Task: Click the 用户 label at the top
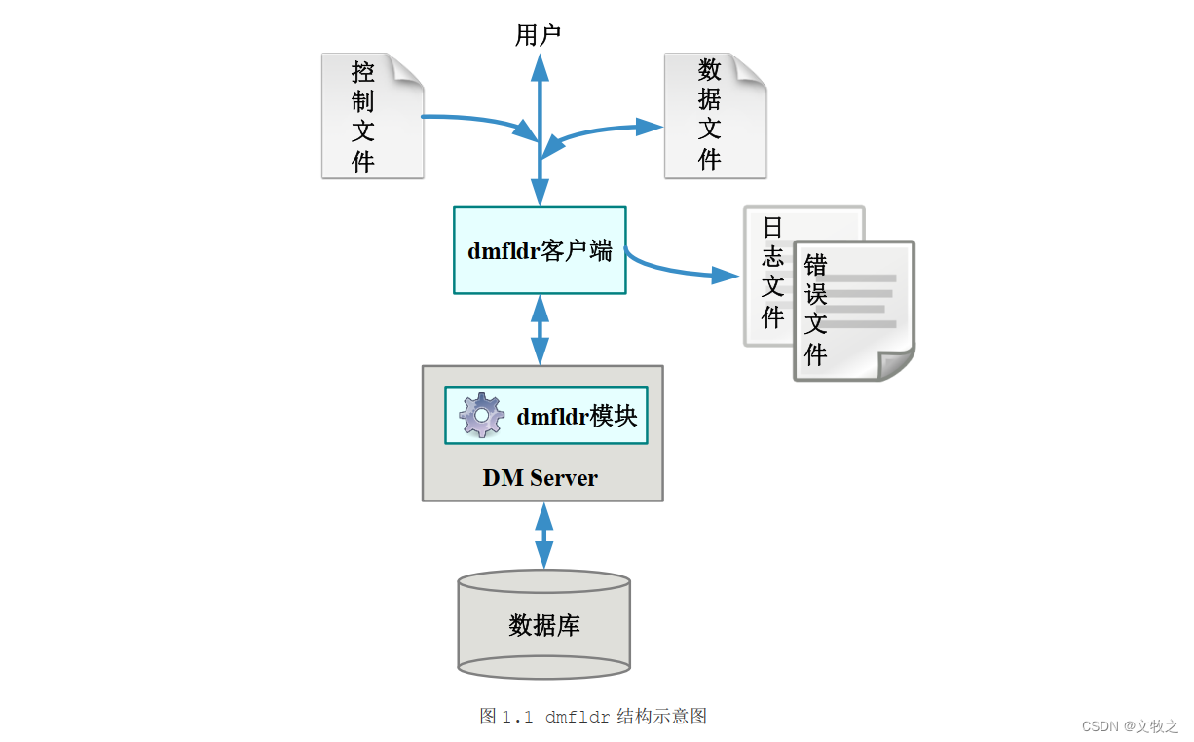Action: point(538,37)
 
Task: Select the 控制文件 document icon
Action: point(372,117)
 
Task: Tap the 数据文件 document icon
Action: point(715,117)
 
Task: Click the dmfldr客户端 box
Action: point(540,250)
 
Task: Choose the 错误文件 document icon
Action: point(853,312)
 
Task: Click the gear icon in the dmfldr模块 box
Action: point(481,416)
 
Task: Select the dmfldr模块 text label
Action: point(577,417)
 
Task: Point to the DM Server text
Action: point(540,478)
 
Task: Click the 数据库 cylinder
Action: point(543,625)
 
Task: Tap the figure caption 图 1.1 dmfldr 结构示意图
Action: point(593,717)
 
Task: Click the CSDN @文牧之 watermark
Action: point(1130,726)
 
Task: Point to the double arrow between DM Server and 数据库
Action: point(543,536)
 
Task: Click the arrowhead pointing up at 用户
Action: point(539,66)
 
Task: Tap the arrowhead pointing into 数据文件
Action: point(649,126)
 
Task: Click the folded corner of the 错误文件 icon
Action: point(897,364)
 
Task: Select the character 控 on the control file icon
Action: point(363,72)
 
